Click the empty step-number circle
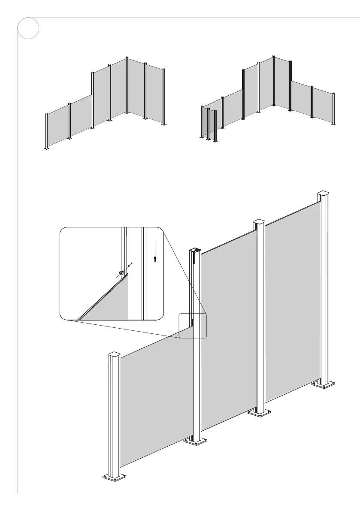(x=28, y=29)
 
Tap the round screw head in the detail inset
(x=121, y=272)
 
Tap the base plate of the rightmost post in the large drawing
(x=323, y=383)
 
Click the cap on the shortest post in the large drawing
(x=115, y=355)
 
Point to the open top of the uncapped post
(x=195, y=251)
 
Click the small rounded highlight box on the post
(x=193, y=326)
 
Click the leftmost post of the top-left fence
(x=46, y=131)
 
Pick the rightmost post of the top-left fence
(x=163, y=97)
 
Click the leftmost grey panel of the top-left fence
(x=58, y=127)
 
